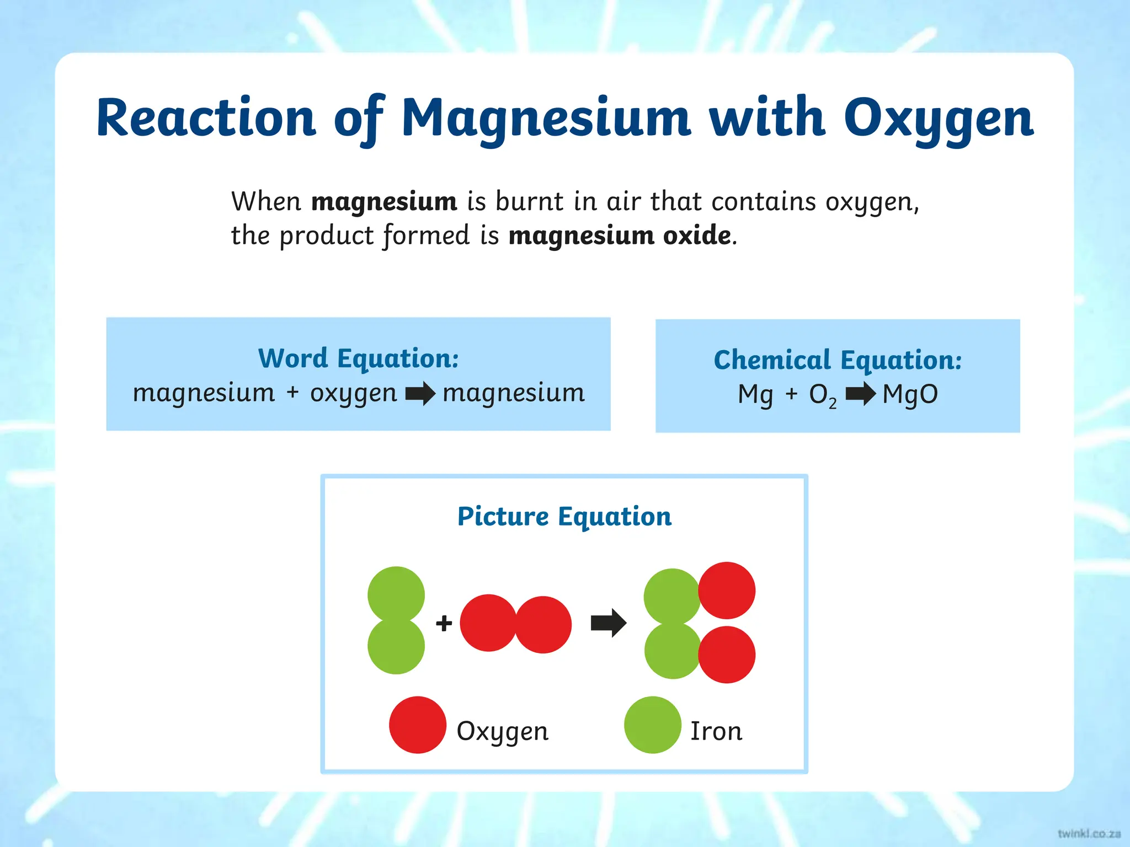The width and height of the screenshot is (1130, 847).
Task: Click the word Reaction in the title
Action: pyautogui.click(x=205, y=117)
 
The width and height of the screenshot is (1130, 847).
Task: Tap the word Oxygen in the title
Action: pyautogui.click(x=938, y=119)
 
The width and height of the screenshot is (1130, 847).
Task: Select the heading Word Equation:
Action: pyautogui.click(x=358, y=358)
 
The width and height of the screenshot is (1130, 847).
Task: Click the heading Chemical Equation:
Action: pyautogui.click(x=837, y=360)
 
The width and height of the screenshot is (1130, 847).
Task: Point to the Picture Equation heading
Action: pyautogui.click(x=564, y=517)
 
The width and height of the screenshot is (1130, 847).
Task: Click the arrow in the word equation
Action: pyautogui.click(x=420, y=394)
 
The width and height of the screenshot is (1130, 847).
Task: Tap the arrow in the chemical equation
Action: pyautogui.click(x=860, y=394)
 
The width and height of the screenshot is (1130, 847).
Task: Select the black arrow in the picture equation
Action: pyautogui.click(x=608, y=623)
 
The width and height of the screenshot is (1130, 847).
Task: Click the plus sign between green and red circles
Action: pyautogui.click(x=444, y=624)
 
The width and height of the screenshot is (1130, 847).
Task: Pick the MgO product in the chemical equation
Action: pyautogui.click(x=910, y=395)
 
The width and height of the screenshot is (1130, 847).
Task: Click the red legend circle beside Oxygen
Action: pyautogui.click(x=418, y=725)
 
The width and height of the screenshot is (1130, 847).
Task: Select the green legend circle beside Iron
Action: pyautogui.click(x=652, y=725)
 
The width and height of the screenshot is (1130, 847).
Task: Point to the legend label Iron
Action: pyautogui.click(x=716, y=731)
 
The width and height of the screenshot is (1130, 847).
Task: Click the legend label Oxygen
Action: pyautogui.click(x=502, y=732)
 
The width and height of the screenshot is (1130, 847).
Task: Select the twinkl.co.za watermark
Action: pyautogui.click(x=1089, y=833)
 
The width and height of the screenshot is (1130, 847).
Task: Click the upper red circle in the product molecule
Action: pyautogui.click(x=727, y=590)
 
